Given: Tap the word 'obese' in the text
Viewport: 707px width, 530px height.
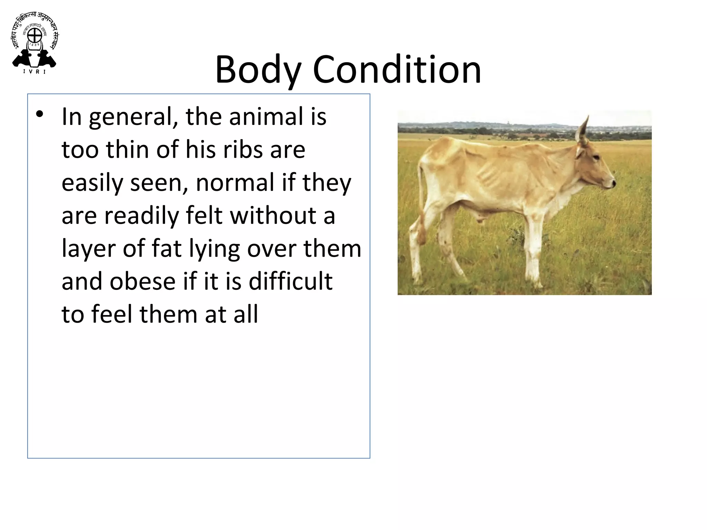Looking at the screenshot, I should [x=143, y=281].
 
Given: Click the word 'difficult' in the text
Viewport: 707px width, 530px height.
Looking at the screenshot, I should [x=290, y=281].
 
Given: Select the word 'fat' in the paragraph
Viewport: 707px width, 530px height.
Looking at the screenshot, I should [x=166, y=248].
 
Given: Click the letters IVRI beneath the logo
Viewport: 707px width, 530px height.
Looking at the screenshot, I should [x=34, y=72].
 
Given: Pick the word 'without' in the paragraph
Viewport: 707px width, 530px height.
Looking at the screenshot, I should [x=273, y=216].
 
